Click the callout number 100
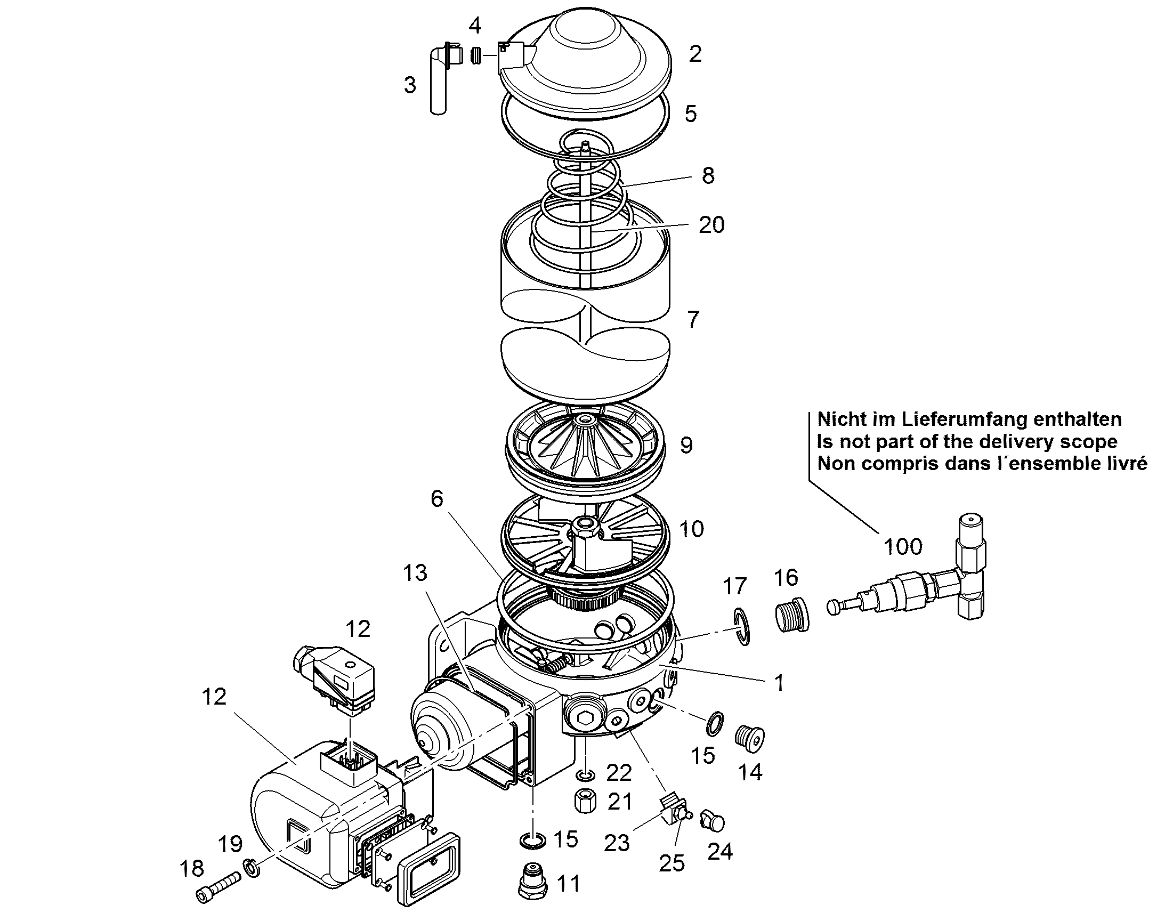tap(903, 547)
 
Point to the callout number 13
tap(415, 573)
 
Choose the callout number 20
tap(711, 225)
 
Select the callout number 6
tap(437, 499)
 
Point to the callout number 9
tap(687, 445)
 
